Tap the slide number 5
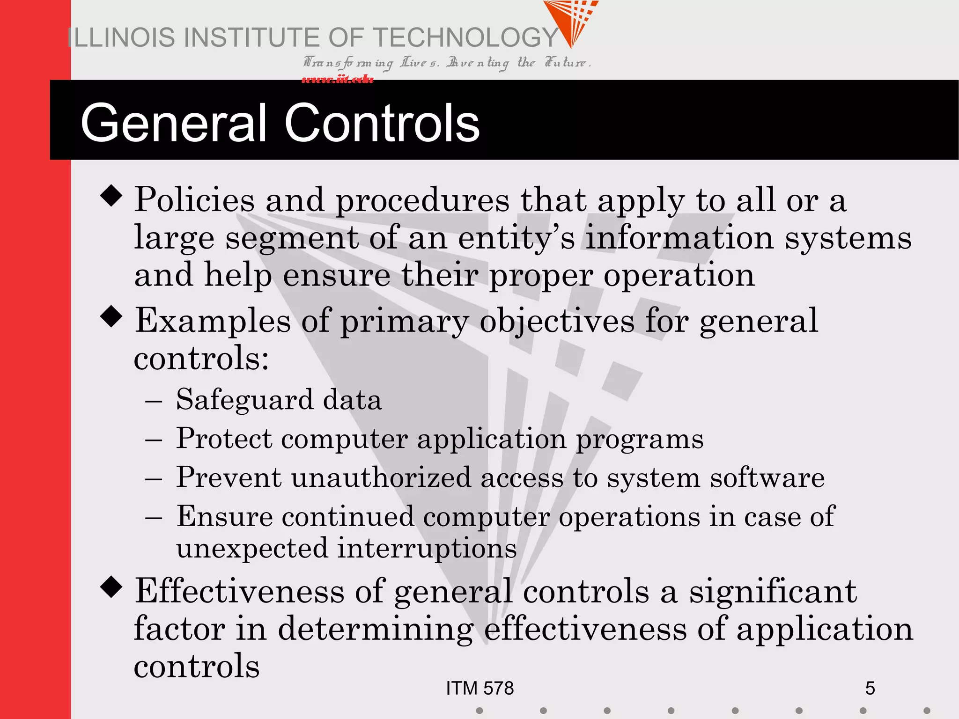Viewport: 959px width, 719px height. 870,688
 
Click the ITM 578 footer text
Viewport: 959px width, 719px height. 479,688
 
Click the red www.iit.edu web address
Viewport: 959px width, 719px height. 337,79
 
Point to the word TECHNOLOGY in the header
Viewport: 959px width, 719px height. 466,37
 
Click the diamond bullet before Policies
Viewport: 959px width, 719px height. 111,195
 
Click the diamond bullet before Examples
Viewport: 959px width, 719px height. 111,316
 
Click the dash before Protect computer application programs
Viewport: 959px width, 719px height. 154,440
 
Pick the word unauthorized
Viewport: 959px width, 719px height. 381,478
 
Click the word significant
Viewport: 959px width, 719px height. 773,591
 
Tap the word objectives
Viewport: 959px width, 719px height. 557,322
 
